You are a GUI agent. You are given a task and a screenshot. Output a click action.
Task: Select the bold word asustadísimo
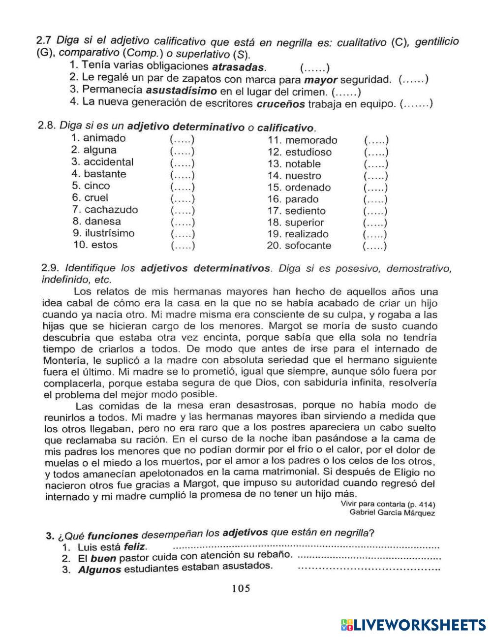click(x=181, y=91)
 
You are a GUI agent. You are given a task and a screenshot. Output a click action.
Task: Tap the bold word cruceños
click(x=280, y=104)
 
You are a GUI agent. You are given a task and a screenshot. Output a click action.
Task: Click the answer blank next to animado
click(x=182, y=139)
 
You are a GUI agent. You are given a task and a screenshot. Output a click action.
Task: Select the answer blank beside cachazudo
click(x=183, y=211)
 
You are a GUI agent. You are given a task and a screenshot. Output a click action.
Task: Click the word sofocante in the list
click(x=308, y=246)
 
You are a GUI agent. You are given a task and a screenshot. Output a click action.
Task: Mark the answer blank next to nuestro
click(x=375, y=176)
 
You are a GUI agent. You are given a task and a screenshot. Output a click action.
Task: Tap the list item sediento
click(x=305, y=211)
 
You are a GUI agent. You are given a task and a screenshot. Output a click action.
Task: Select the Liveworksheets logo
click(x=412, y=624)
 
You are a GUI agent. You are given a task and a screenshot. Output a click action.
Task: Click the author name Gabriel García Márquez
click(x=392, y=512)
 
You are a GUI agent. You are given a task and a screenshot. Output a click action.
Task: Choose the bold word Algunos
click(x=99, y=570)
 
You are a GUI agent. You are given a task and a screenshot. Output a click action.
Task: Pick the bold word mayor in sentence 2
click(x=321, y=80)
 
